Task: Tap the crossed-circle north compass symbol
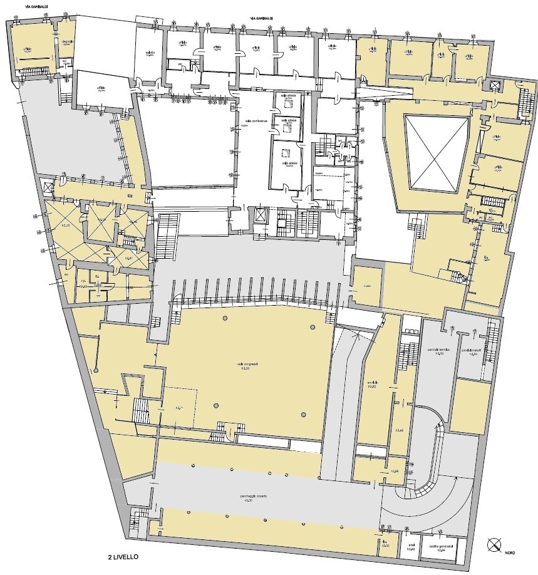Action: [494, 544]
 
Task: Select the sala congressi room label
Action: [244, 364]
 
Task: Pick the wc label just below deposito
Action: [65, 61]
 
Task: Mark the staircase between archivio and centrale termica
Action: [406, 354]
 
